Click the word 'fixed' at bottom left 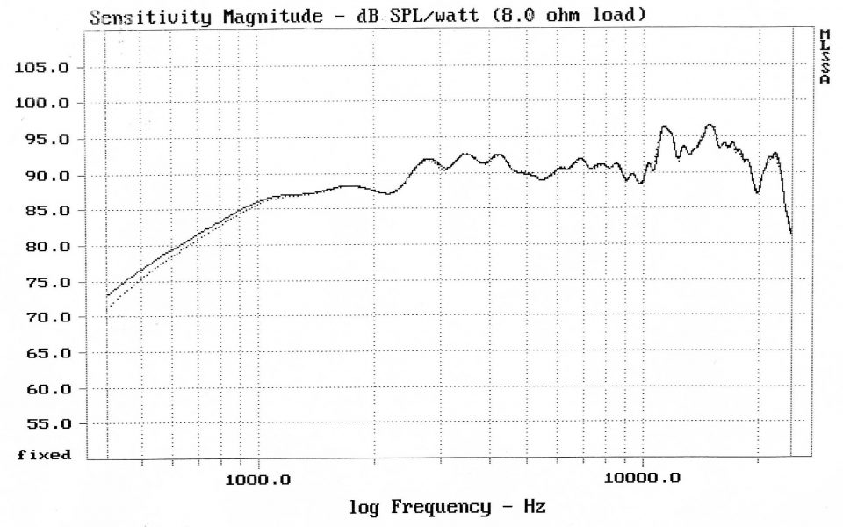coord(43,455)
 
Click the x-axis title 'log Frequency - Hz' coord(447,507)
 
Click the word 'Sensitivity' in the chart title coord(149,16)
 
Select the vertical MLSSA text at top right coord(825,56)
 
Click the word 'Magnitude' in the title coord(259,16)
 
